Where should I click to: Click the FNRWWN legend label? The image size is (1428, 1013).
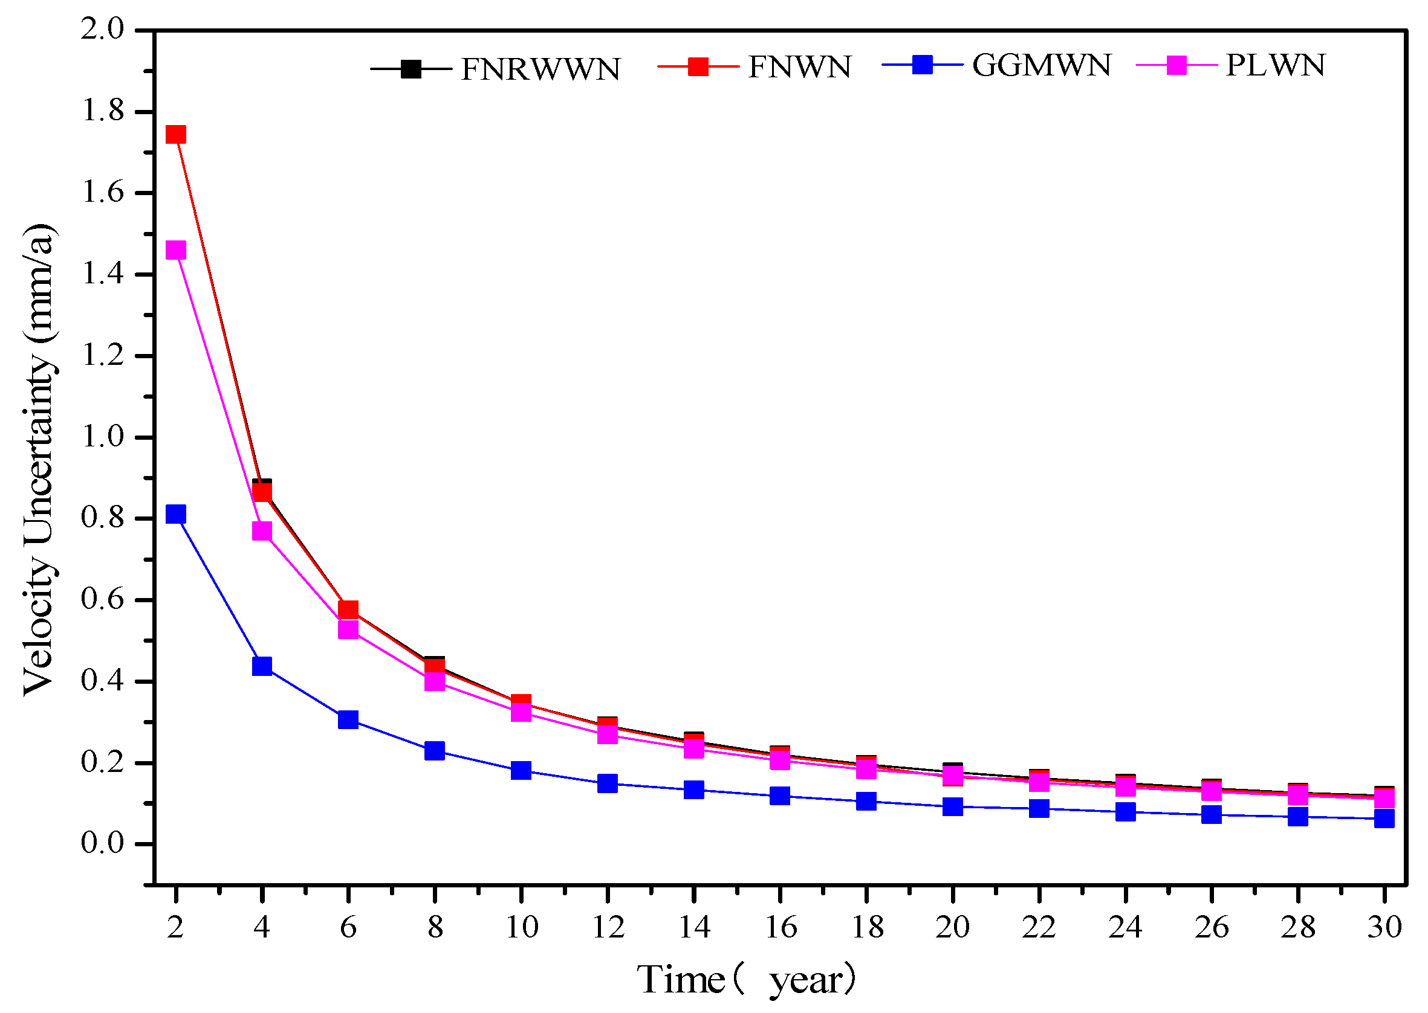coord(540,69)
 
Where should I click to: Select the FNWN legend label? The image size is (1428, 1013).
coord(799,66)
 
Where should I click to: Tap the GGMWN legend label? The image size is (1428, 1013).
coord(1042,65)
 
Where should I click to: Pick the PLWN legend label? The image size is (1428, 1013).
coord(1275,65)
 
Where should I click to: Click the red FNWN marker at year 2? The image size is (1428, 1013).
coord(176,135)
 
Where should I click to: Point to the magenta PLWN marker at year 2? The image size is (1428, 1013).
coord(176,250)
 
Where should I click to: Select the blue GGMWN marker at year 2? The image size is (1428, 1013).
coord(176,514)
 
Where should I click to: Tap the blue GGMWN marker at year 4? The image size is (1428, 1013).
coord(262,666)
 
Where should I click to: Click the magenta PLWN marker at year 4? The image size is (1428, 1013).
coord(262,531)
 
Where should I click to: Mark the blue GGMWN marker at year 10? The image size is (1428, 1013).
coord(521,770)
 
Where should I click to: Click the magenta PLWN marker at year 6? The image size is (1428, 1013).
coord(348,629)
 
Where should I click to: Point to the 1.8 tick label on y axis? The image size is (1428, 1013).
coord(103,112)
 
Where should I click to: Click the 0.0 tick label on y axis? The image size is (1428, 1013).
coord(103,843)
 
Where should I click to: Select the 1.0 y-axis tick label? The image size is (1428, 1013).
coord(103,437)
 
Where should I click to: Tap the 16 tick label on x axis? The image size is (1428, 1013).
coord(780,928)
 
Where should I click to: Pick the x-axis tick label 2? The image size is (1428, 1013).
coord(176,928)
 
